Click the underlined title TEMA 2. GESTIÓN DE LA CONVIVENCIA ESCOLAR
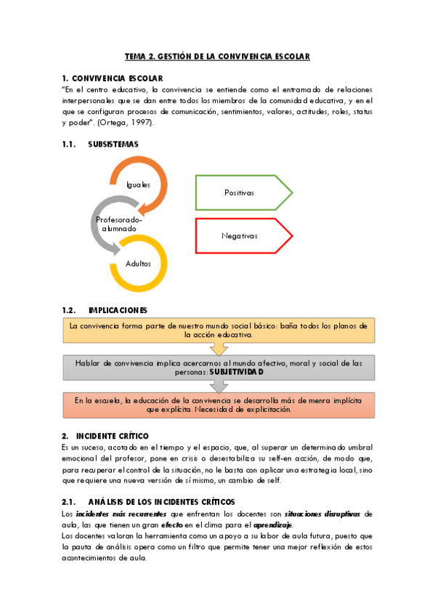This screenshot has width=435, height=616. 217,56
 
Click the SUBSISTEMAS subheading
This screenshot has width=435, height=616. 113,144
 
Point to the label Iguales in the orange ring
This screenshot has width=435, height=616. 138,185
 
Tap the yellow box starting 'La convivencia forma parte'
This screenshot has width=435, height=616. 218,331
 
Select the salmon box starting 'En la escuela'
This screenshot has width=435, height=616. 218,405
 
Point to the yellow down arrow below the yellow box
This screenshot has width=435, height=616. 218,349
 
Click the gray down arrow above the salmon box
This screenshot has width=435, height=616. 218,386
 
